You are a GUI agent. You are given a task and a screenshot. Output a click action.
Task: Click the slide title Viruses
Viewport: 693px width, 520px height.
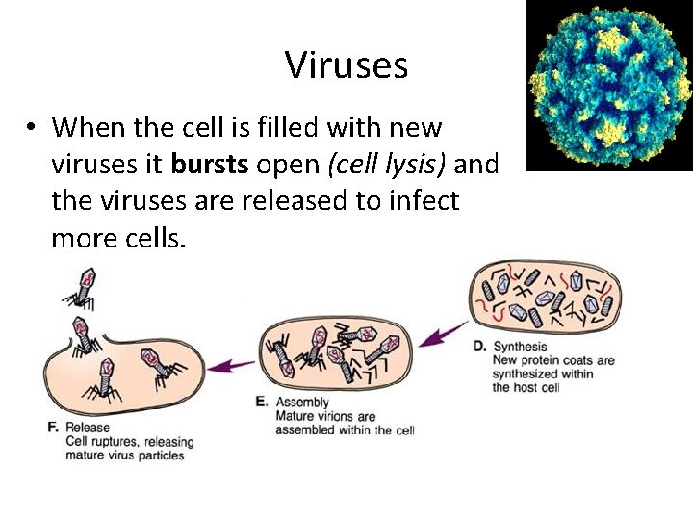point(346,65)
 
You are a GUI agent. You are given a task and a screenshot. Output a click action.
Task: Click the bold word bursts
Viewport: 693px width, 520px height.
point(210,165)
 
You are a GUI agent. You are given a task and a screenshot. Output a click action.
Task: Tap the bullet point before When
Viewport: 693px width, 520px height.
point(32,128)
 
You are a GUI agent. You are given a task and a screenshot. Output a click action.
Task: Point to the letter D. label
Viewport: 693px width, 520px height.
point(479,346)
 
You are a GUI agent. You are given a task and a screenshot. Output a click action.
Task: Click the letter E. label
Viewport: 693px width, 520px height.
point(261,402)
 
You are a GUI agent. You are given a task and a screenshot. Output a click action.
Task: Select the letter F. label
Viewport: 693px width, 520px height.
point(53,427)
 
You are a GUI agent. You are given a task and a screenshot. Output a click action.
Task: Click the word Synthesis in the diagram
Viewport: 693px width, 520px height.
point(520,346)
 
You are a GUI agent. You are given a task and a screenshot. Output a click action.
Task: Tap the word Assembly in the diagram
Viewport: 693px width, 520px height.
point(302,402)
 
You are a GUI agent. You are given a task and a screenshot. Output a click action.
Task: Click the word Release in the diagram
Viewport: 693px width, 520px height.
point(88,427)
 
